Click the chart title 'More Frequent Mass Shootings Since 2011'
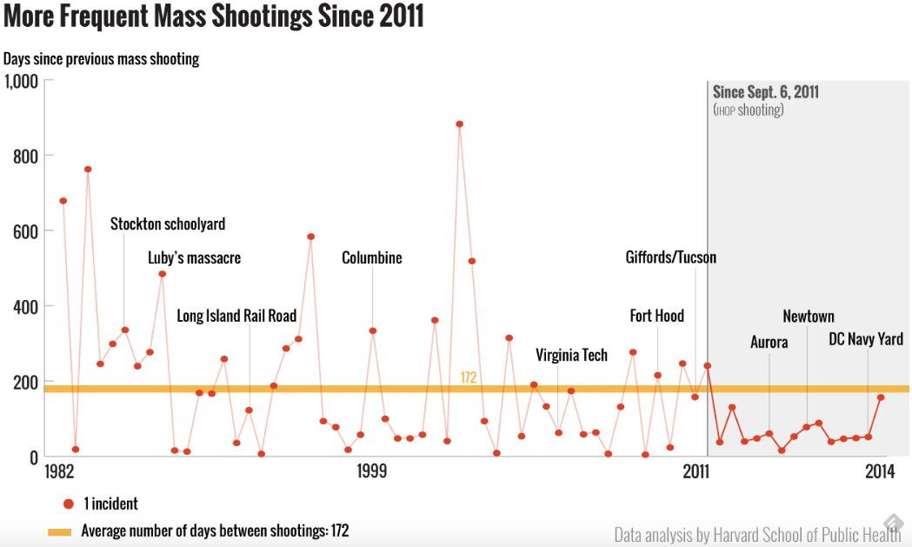point(213,17)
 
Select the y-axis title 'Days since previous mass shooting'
point(102,59)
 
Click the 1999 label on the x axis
point(371,471)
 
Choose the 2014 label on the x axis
point(880,471)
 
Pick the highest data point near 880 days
point(459,123)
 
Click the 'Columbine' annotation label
point(372,258)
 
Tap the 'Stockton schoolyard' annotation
point(168,224)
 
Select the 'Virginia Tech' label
point(571,355)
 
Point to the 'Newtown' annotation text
point(808,317)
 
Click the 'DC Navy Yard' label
point(865,339)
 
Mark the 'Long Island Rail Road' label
point(236,316)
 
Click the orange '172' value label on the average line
point(469,377)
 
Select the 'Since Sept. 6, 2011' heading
point(766,92)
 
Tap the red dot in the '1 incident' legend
point(68,504)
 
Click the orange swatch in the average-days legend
point(59,530)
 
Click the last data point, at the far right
point(881,397)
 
